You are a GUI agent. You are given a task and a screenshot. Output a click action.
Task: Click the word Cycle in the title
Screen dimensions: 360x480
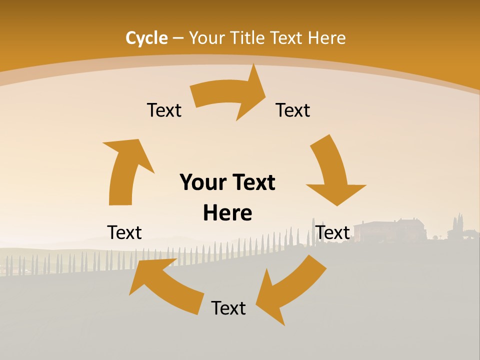click(146, 38)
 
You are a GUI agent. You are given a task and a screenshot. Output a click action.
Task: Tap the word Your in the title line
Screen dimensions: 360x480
click(206, 38)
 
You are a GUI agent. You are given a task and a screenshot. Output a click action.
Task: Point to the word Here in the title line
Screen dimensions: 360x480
click(326, 38)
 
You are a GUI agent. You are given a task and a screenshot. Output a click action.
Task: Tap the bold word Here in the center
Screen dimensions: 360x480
click(227, 213)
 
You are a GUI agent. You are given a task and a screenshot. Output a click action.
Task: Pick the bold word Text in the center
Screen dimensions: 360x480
click(252, 182)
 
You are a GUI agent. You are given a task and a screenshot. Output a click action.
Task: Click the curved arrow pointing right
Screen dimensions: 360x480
click(230, 95)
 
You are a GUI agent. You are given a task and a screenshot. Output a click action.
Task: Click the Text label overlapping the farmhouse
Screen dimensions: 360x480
click(332, 232)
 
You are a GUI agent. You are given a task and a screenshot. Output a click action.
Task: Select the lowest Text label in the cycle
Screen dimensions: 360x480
click(228, 308)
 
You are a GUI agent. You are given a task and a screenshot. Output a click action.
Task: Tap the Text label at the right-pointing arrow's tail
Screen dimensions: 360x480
click(164, 110)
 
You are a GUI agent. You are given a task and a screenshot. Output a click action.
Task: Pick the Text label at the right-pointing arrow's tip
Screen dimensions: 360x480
click(293, 110)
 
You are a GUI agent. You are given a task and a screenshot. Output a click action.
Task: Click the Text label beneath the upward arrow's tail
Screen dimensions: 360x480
click(124, 232)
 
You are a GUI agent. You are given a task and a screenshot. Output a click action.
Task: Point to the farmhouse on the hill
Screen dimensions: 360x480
click(390, 230)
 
